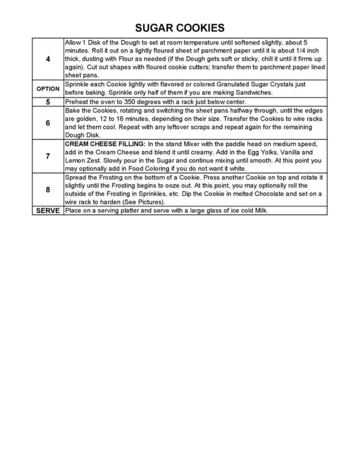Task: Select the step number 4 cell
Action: (48, 59)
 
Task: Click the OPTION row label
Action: (48, 89)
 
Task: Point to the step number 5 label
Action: (48, 102)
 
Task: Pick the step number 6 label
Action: (48, 123)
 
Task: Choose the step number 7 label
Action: (48, 156)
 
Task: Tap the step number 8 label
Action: (48, 190)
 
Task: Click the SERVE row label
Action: (48, 211)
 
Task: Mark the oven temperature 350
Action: (130, 102)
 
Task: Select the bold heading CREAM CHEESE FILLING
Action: (105, 144)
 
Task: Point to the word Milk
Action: (261, 211)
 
